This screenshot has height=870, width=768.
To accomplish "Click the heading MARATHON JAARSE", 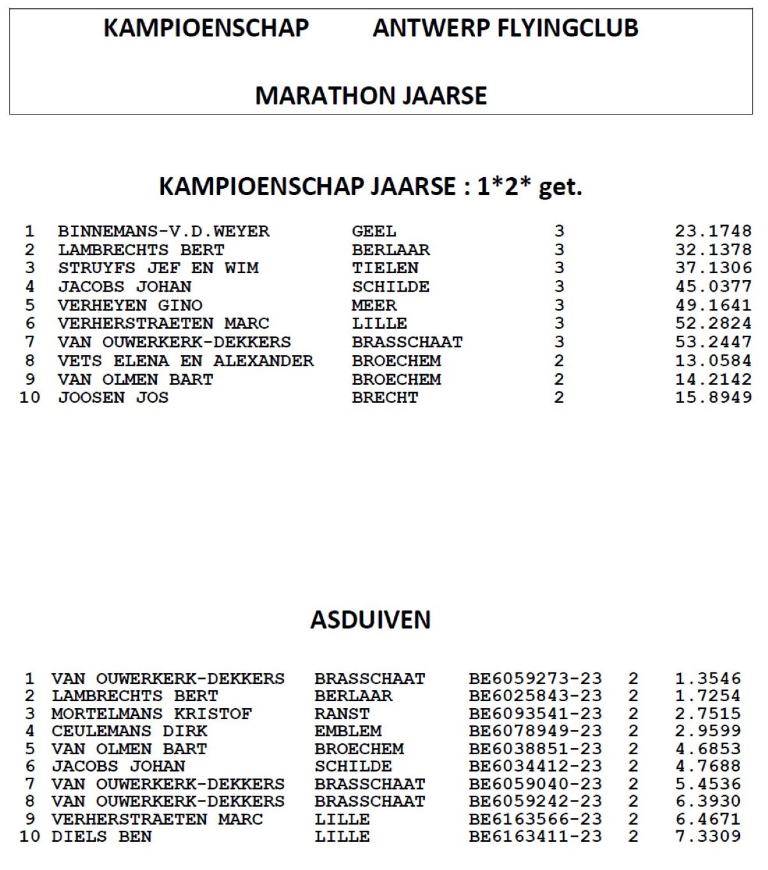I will point(371,96).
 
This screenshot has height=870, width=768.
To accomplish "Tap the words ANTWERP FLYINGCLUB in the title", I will point(506,28).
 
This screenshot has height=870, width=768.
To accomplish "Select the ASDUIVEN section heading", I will point(371,619).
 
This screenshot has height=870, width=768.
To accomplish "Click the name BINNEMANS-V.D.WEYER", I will point(164,231).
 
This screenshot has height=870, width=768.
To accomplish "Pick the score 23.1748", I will point(713,231).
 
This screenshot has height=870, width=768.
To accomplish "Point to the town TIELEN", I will point(385,268).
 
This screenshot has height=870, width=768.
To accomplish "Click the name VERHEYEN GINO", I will point(131,305).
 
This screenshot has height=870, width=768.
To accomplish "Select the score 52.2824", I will point(713,324).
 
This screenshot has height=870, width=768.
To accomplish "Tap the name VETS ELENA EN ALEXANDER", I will point(186,361).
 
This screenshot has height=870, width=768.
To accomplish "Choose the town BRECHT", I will point(385,397).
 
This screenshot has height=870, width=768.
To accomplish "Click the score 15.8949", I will point(713,397).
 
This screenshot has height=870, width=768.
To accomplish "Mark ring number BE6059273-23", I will point(535,678).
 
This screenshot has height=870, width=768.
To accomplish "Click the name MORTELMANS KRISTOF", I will point(152,713).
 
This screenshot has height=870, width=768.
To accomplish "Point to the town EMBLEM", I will point(348,731).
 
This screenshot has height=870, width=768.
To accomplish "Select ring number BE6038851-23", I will point(535,748).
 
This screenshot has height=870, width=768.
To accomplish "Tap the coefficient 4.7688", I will point(708,766).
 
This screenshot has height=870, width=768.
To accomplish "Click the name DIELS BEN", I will point(102,836).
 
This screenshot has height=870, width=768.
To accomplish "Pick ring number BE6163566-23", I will point(535,819).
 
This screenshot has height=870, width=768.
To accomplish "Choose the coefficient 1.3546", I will point(708,678).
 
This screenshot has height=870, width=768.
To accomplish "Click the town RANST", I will point(342,713).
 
